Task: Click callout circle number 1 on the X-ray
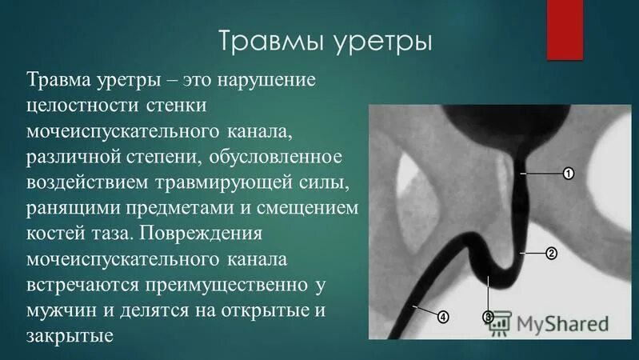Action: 569,173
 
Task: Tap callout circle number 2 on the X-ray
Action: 551,254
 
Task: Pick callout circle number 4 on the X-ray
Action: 443,317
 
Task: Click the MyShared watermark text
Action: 561,324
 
